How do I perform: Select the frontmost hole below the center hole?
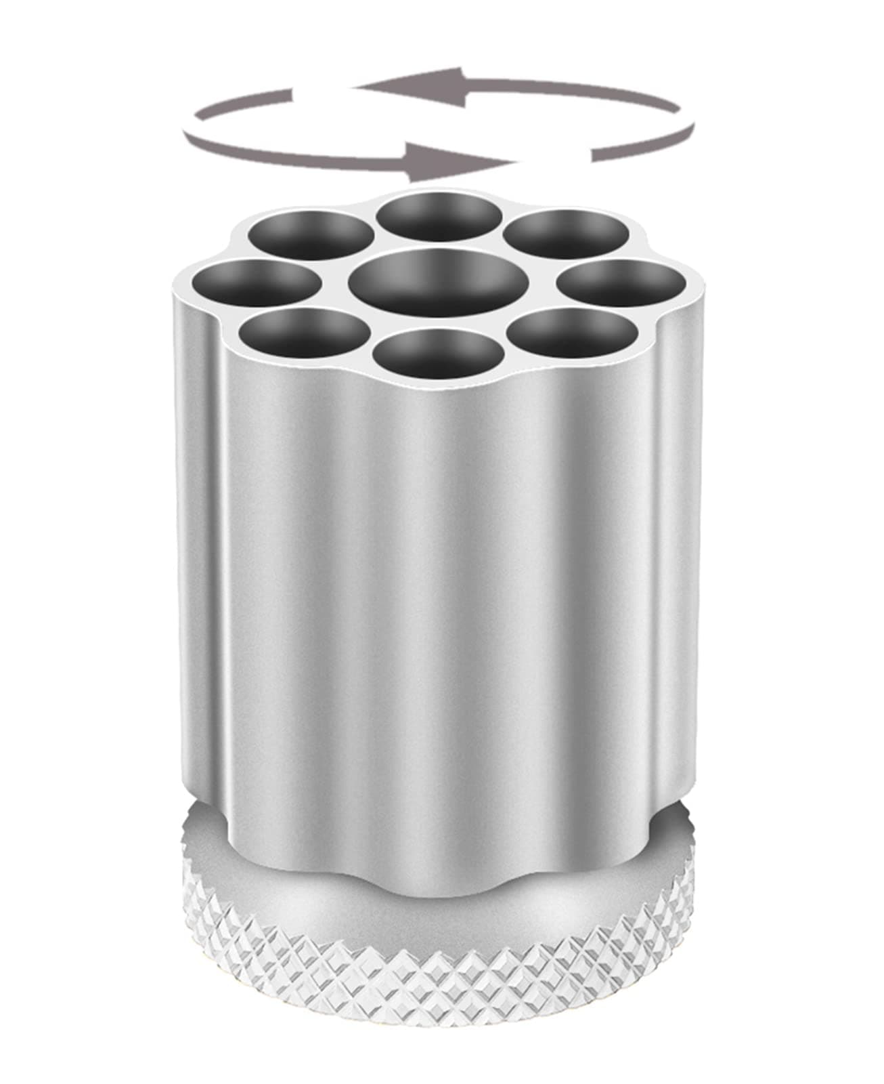tap(439, 354)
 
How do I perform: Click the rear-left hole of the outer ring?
tap(311, 234)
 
